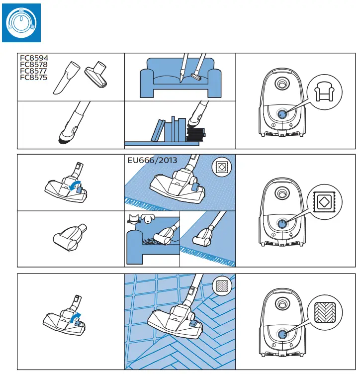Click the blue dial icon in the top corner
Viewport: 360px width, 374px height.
click(20, 21)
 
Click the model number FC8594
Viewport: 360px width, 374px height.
click(34, 58)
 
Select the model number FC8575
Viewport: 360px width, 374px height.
click(34, 78)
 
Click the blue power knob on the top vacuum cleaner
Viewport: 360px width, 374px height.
click(282, 114)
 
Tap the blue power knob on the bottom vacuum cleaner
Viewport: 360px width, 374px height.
click(282, 335)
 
